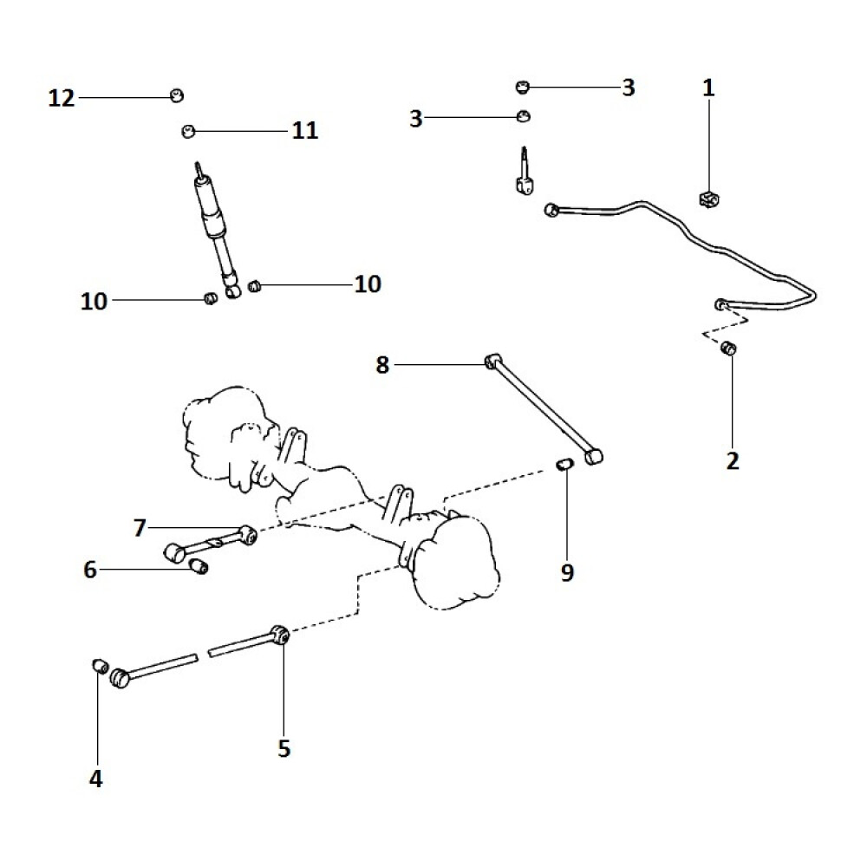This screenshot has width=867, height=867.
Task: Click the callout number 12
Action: coord(62,98)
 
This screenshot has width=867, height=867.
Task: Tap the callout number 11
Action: coord(304,131)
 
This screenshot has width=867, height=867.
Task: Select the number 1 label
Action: coord(708,88)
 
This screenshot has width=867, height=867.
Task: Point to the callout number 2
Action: coord(733,460)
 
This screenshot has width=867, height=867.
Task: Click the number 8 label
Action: coord(382,365)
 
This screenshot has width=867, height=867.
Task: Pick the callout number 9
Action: coord(567,573)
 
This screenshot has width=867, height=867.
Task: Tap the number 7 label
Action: coord(140,526)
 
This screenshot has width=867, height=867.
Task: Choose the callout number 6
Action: coord(90,570)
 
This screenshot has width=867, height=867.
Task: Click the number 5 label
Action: coord(284,747)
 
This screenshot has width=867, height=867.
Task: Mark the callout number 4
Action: coord(95,778)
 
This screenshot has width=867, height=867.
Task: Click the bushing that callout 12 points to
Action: coord(177,95)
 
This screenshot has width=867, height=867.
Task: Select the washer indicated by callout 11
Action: coord(186,131)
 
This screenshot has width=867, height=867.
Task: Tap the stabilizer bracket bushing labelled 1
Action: coord(709,199)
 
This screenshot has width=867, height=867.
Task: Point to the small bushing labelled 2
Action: coord(730,349)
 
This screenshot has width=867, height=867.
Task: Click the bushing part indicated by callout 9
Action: coord(563,466)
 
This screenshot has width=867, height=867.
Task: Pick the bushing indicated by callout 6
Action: coord(200,567)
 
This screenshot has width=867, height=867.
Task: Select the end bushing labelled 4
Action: coord(100,666)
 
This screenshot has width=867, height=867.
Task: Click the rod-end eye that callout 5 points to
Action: coord(280,634)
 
